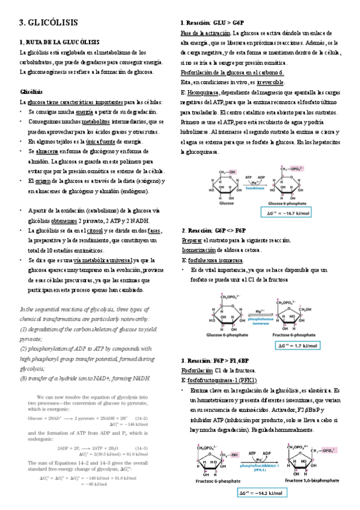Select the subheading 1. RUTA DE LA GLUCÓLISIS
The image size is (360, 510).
(x=59, y=43)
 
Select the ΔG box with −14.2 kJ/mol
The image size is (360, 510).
(x=258, y=493)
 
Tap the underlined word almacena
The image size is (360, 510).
(x=47, y=152)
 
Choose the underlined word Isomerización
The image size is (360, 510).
(x=203, y=250)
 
